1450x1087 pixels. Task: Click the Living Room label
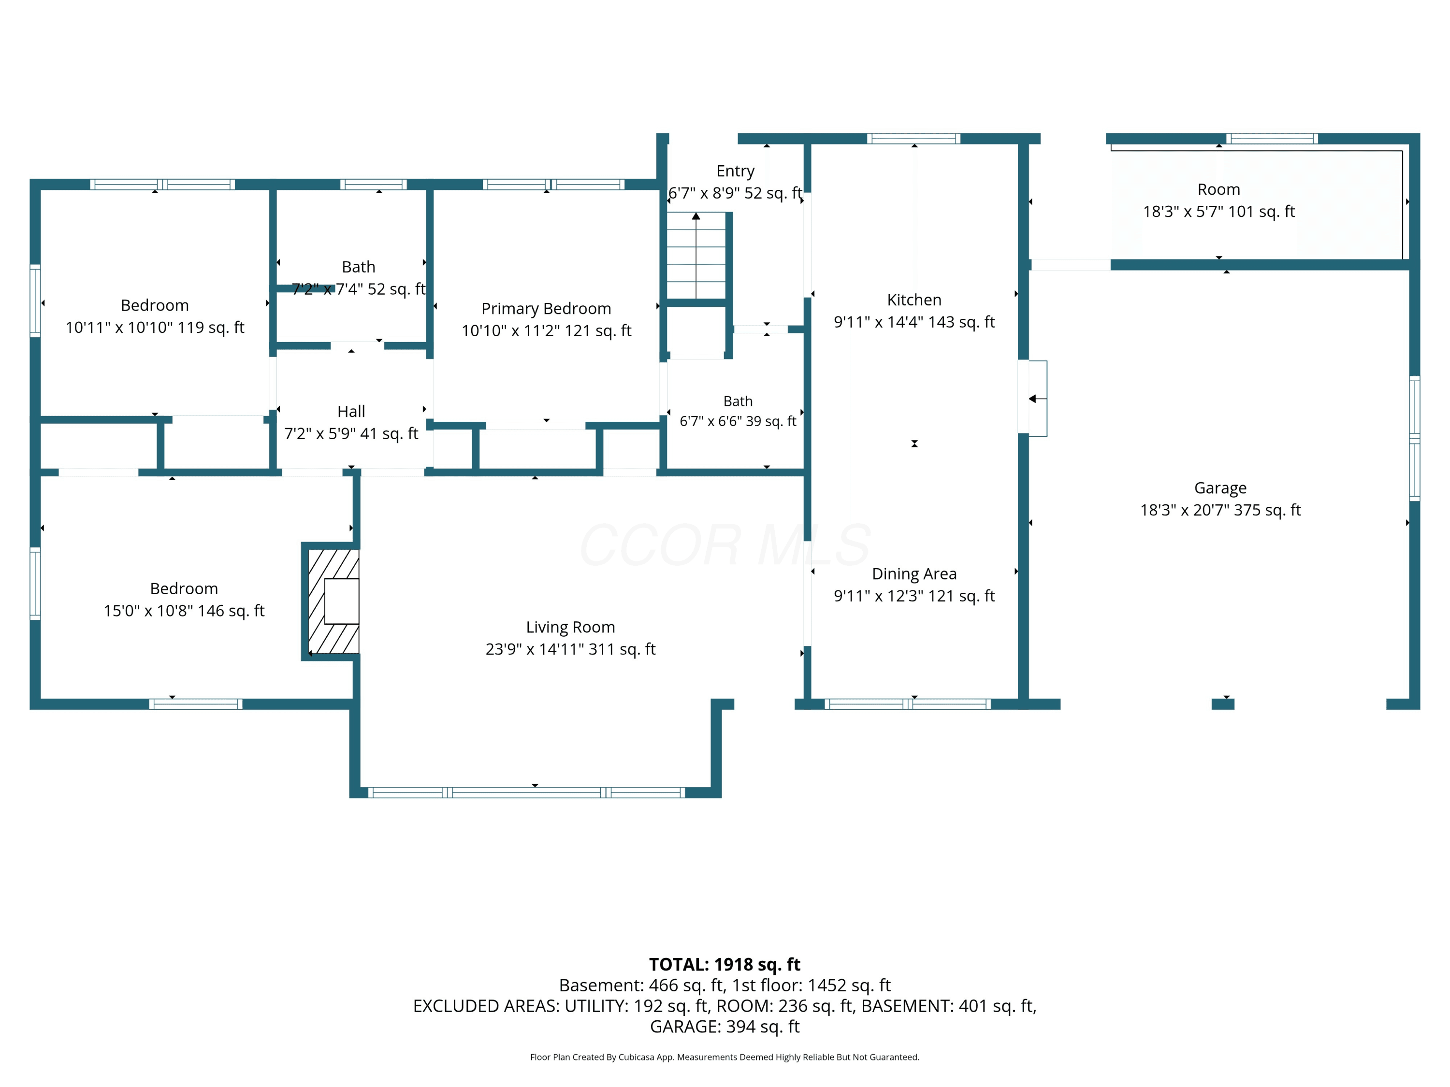(x=570, y=627)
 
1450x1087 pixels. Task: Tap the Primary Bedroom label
(x=546, y=309)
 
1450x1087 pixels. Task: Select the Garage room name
(x=1220, y=488)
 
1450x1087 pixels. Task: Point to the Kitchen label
(x=914, y=300)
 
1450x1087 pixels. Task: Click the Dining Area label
(x=914, y=574)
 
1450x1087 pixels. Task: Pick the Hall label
(x=351, y=412)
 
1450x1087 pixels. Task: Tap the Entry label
(x=736, y=171)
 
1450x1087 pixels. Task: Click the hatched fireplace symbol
(x=333, y=601)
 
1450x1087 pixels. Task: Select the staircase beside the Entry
(x=696, y=256)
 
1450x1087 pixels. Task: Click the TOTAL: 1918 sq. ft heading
(x=725, y=964)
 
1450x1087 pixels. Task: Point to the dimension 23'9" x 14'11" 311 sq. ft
(x=570, y=649)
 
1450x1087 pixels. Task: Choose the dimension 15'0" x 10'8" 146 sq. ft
(x=184, y=611)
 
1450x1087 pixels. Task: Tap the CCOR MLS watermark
(x=725, y=545)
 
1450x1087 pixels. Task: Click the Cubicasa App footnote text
(x=725, y=1057)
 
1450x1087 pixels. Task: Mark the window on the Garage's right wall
(x=1415, y=438)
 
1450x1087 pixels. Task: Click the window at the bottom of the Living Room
(x=526, y=793)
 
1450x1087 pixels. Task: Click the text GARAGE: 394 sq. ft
(x=725, y=1027)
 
